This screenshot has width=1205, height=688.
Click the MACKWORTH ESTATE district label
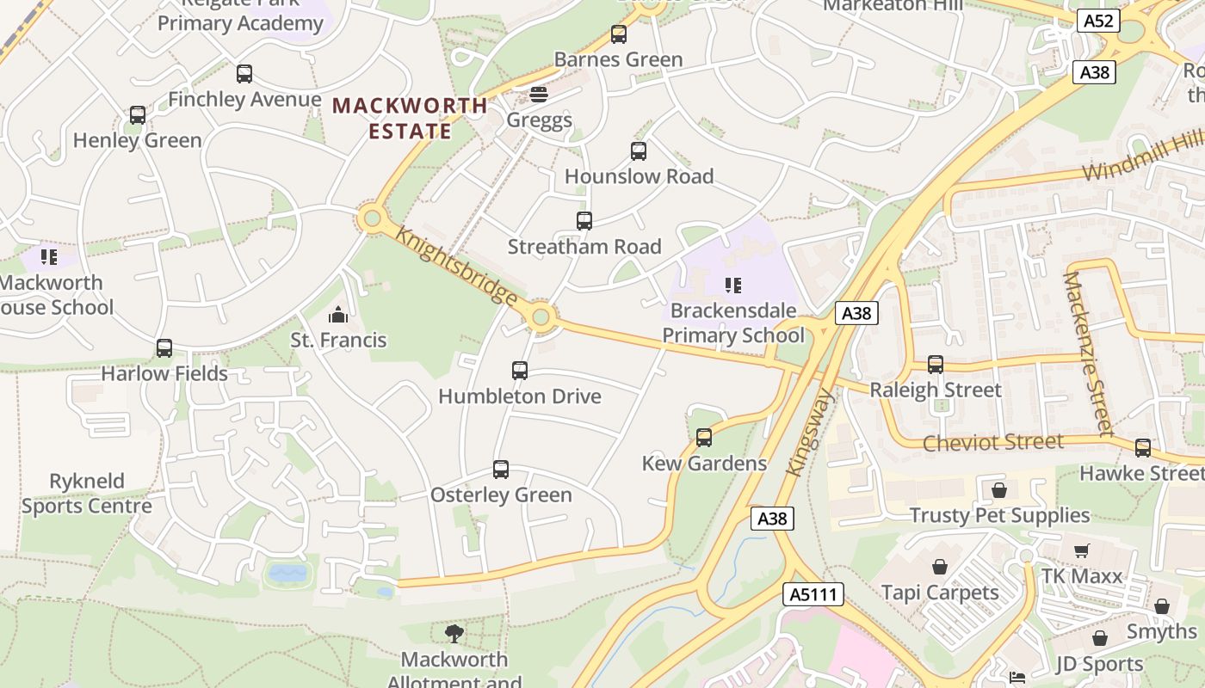click(410, 119)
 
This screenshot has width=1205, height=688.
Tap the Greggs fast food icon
click(539, 94)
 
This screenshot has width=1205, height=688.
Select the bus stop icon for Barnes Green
click(618, 34)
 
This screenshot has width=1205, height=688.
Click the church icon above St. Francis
click(338, 315)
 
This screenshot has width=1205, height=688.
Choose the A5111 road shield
click(813, 593)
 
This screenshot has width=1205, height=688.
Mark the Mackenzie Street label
click(1088, 353)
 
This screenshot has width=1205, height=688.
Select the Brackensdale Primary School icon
click(732, 285)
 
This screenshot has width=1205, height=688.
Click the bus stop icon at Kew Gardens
click(704, 438)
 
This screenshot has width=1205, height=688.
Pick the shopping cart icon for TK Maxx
click(1082, 550)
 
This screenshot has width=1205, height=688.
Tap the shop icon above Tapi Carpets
click(940, 567)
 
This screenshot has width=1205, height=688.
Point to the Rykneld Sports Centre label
click(86, 494)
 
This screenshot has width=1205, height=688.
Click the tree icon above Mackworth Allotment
click(454, 634)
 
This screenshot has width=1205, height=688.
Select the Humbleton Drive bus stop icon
click(520, 371)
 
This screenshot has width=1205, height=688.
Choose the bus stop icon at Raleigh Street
click(936, 365)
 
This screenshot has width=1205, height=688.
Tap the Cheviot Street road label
click(992, 443)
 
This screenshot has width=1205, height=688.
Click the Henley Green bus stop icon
click(138, 115)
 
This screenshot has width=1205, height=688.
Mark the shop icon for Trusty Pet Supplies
click(999, 490)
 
